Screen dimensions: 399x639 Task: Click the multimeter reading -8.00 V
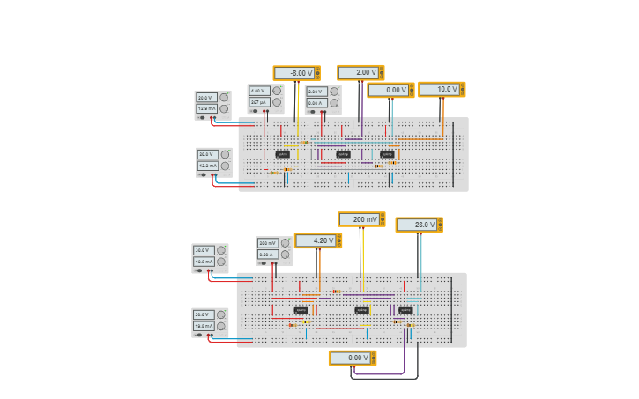[x=296, y=73]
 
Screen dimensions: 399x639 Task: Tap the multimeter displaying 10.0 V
[x=442, y=89]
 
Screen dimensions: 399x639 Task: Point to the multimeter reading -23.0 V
[x=419, y=225]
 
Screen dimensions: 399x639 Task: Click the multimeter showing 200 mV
[x=361, y=219]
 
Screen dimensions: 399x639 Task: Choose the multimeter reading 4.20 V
[x=317, y=240]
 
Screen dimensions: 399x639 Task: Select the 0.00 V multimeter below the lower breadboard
[x=353, y=358]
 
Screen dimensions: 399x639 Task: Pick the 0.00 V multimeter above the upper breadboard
[x=390, y=90]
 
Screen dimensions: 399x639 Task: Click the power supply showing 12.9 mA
[x=212, y=105]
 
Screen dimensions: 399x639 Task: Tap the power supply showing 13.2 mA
[x=213, y=162]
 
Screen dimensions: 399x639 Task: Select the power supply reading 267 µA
[x=265, y=99]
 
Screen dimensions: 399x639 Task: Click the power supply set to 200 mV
[x=273, y=250]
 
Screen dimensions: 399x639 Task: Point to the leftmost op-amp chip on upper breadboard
[x=282, y=154]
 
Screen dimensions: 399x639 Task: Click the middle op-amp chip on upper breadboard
[x=343, y=154]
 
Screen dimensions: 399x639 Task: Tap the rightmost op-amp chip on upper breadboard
[x=387, y=154]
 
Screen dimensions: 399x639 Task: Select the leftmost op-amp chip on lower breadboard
[x=301, y=310]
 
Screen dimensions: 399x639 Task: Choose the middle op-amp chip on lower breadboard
[x=361, y=310]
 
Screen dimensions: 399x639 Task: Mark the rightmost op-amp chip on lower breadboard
[x=405, y=310]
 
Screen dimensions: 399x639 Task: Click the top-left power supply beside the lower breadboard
[x=210, y=258]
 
